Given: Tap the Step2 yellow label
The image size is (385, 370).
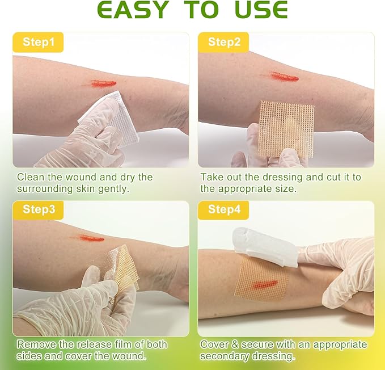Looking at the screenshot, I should point(225,42).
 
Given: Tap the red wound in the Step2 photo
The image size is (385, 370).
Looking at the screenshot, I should point(284,76).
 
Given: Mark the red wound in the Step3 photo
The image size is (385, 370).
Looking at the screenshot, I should point(91,238).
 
